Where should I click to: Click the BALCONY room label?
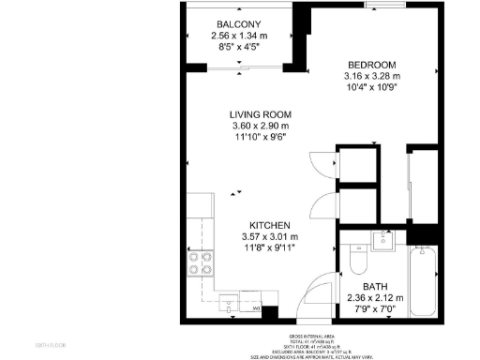[238, 24]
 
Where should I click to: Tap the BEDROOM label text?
[369, 65]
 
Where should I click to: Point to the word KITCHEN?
[269, 226]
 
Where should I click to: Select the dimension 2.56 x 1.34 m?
[238, 37]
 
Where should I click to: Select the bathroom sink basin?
[382, 242]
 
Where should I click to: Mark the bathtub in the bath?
[423, 281]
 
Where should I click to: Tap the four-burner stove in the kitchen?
[200, 264]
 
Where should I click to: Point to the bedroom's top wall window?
[375, 6]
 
